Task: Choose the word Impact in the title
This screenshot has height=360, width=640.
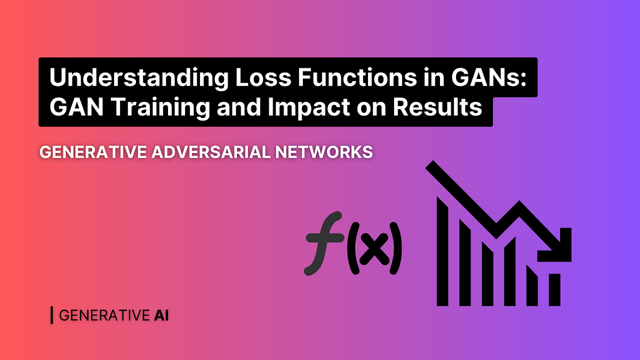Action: point(307,108)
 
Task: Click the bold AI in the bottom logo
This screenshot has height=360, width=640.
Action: point(161,315)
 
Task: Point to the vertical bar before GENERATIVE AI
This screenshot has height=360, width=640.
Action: point(51,315)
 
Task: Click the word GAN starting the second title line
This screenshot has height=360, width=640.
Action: point(71,108)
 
